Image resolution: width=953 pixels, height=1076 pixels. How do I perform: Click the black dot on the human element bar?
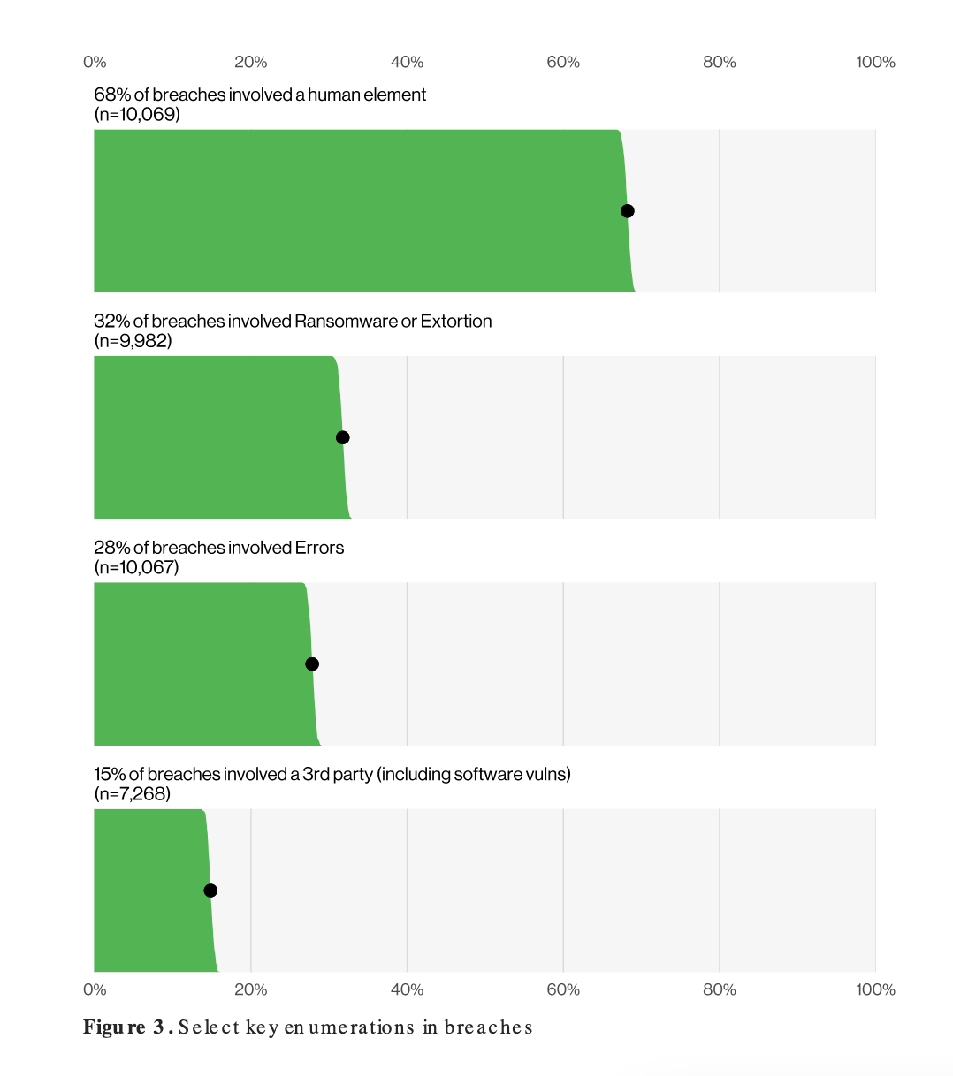pyautogui.click(x=627, y=211)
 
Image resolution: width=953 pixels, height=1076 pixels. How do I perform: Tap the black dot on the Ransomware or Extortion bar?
pyautogui.click(x=343, y=437)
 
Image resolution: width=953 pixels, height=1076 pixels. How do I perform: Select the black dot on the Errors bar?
pyautogui.click(x=311, y=664)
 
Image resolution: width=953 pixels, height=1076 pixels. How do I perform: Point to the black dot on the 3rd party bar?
pyautogui.click(x=210, y=890)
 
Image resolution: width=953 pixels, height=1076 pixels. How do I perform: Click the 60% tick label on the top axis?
pyautogui.click(x=563, y=62)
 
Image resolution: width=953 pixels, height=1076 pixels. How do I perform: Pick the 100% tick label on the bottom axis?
pyautogui.click(x=875, y=989)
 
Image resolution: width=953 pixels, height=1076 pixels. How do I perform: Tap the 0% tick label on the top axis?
pyautogui.click(x=95, y=62)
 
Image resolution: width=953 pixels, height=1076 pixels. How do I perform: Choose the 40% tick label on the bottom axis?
pyautogui.click(x=407, y=989)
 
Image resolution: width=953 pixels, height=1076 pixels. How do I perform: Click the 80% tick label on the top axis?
pyautogui.click(x=719, y=62)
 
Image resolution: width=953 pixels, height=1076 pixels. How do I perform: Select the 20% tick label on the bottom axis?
pyautogui.click(x=250, y=989)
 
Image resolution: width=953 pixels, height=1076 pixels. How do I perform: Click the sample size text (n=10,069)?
pyautogui.click(x=137, y=114)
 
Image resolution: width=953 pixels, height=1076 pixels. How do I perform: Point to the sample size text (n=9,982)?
pyautogui.click(x=133, y=341)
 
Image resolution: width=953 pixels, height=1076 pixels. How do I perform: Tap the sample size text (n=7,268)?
pyautogui.click(x=132, y=793)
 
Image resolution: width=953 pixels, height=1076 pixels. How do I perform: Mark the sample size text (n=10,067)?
pyautogui.click(x=136, y=567)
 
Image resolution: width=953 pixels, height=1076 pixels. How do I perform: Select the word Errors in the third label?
pyautogui.click(x=319, y=548)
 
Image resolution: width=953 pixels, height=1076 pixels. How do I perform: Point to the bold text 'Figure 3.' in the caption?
pyautogui.click(x=127, y=1027)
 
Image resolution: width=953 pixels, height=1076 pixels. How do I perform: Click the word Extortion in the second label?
pyautogui.click(x=456, y=322)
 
